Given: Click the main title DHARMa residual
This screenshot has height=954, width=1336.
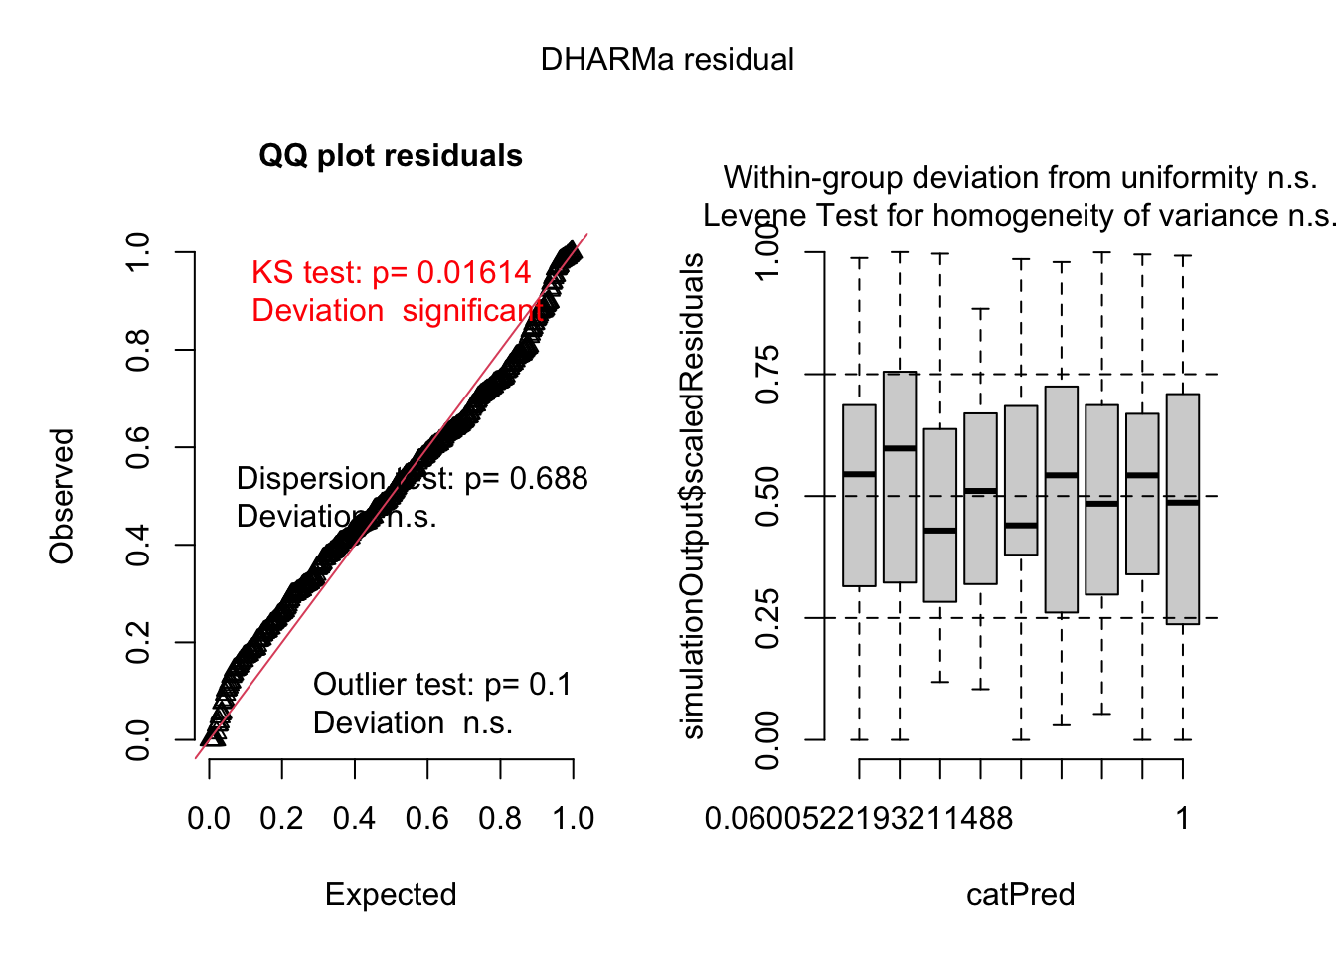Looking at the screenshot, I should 667,60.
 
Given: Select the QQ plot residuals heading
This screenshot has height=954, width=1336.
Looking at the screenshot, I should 391,156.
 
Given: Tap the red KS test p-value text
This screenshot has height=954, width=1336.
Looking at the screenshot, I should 392,273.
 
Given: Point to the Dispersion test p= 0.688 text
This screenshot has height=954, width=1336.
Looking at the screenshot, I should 412,479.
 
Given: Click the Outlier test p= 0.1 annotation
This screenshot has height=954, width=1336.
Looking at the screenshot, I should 442,685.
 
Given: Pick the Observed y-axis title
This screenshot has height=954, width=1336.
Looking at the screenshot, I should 62,496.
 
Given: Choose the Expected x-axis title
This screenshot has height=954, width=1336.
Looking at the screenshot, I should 391,894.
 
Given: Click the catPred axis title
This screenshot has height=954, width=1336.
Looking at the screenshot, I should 1020,894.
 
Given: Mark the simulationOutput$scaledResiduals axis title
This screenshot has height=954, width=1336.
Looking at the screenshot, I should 692,496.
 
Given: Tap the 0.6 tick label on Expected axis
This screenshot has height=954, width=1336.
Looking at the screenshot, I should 427,819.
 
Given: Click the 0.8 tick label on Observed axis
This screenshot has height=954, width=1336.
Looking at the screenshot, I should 138,350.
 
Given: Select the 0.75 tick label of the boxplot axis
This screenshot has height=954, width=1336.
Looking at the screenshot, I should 767,375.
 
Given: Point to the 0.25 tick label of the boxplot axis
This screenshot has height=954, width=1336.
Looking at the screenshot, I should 767,618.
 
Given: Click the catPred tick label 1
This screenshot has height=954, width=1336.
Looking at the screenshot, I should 1183,819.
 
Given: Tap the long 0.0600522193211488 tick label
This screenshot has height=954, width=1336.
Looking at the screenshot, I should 858,819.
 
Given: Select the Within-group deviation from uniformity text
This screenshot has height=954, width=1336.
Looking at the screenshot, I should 1020,178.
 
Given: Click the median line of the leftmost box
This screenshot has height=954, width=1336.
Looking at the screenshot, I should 859,474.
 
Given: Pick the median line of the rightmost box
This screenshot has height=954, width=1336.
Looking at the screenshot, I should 1183,503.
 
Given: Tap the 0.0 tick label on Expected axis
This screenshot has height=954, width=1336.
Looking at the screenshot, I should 209,819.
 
